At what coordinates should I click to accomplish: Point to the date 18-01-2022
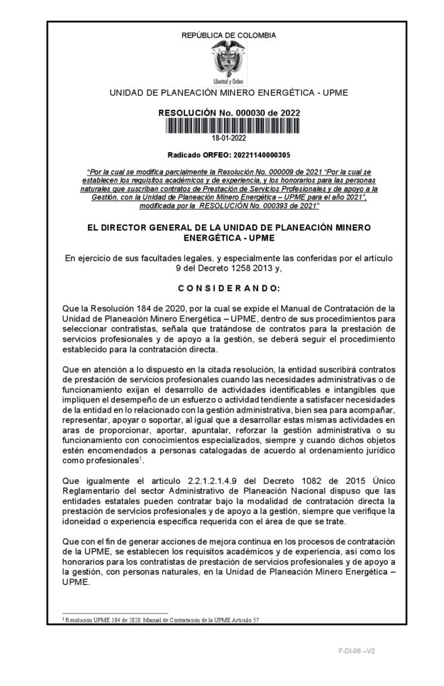[x=229, y=138]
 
